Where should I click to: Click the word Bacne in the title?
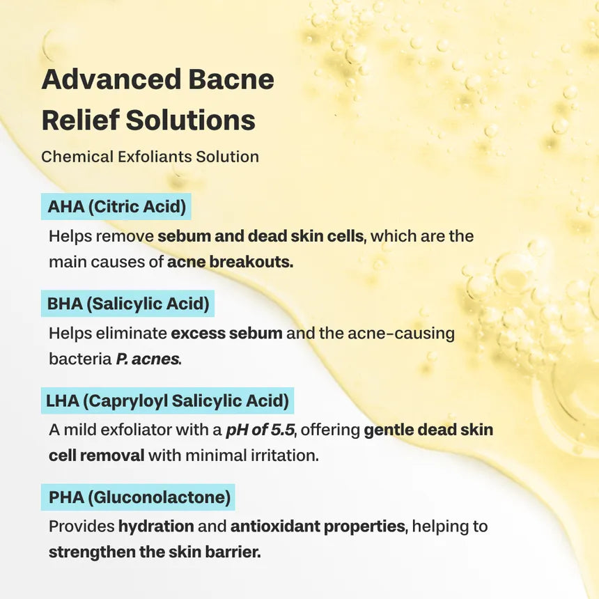(229, 79)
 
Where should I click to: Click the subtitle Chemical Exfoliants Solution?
(150, 157)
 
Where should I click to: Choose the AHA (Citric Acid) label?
(116, 207)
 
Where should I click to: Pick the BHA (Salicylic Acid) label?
(128, 304)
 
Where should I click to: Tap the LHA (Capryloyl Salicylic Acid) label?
(167, 401)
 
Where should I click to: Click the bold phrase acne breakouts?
(230, 263)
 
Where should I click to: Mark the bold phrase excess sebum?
(226, 333)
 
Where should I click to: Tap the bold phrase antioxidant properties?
(318, 526)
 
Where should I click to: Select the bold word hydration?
(156, 526)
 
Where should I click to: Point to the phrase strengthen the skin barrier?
(155, 553)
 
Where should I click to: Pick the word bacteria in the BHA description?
(79, 359)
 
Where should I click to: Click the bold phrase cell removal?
(96, 456)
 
